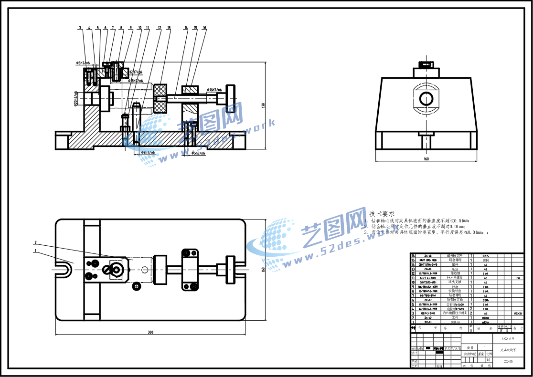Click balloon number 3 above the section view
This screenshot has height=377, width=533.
click(80, 28)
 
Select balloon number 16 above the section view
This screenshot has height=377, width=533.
click(204, 28)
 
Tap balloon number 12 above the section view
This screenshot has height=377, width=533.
click(160, 28)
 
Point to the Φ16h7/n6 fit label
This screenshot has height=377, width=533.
click(214, 90)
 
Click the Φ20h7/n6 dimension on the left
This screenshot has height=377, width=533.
click(75, 99)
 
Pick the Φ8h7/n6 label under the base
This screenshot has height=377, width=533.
click(148, 152)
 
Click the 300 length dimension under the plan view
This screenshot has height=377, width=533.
click(150, 332)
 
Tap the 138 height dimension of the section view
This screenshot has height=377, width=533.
click(263, 105)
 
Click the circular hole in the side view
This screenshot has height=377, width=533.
click(426, 99)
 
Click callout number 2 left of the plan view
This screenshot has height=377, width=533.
click(35, 242)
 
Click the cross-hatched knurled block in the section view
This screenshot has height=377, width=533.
click(160, 99)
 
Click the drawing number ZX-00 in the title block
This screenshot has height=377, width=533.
click(508, 362)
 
